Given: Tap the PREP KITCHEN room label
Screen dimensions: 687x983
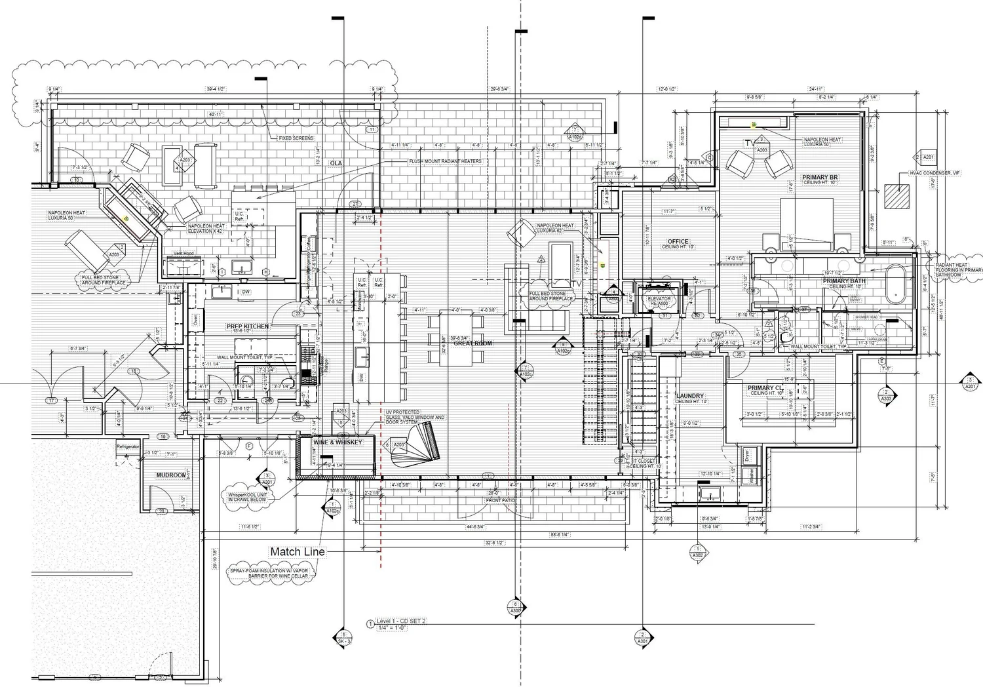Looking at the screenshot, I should point(248,326).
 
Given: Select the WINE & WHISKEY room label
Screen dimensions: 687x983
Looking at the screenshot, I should point(337,442).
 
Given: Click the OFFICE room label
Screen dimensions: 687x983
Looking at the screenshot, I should point(678,241).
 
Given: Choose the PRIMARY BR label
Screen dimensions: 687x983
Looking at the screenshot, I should point(820,178).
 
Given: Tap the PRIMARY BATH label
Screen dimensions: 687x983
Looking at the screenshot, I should point(845,281).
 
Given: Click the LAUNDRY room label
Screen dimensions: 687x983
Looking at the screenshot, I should point(689,396).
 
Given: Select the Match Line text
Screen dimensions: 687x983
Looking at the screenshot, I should point(297,552).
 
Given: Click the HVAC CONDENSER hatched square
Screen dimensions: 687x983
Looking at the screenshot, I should point(896,195).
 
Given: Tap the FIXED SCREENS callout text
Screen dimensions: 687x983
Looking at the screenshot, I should point(296,138).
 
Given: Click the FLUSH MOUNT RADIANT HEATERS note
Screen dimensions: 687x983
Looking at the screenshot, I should point(445,161).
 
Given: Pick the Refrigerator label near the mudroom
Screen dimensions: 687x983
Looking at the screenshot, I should point(128,446).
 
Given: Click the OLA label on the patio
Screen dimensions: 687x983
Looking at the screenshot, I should point(337,163).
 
